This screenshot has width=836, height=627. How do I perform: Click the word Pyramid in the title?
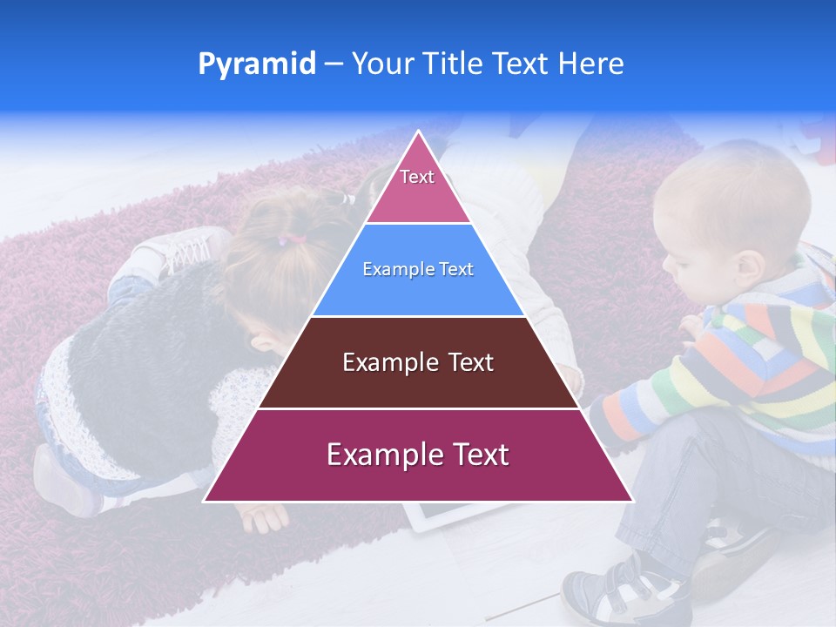pos(256,64)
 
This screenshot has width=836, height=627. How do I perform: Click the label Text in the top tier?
pos(416,177)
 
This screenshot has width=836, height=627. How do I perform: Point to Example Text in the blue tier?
pos(418,269)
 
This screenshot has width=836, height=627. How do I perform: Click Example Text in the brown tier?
pos(418,362)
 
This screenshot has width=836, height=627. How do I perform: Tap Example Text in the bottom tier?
pos(418,455)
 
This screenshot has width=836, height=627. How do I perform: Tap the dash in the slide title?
pos(333,64)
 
